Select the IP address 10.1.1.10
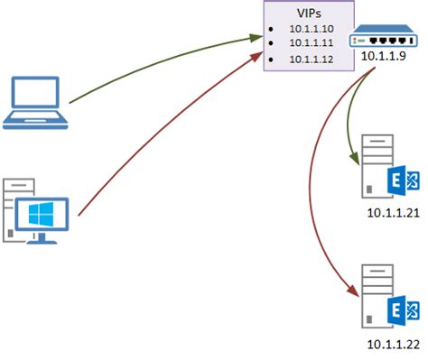310,29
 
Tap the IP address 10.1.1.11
310,43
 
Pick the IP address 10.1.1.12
310,59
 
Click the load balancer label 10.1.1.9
383,57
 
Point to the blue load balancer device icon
382,40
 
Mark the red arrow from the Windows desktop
163,135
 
